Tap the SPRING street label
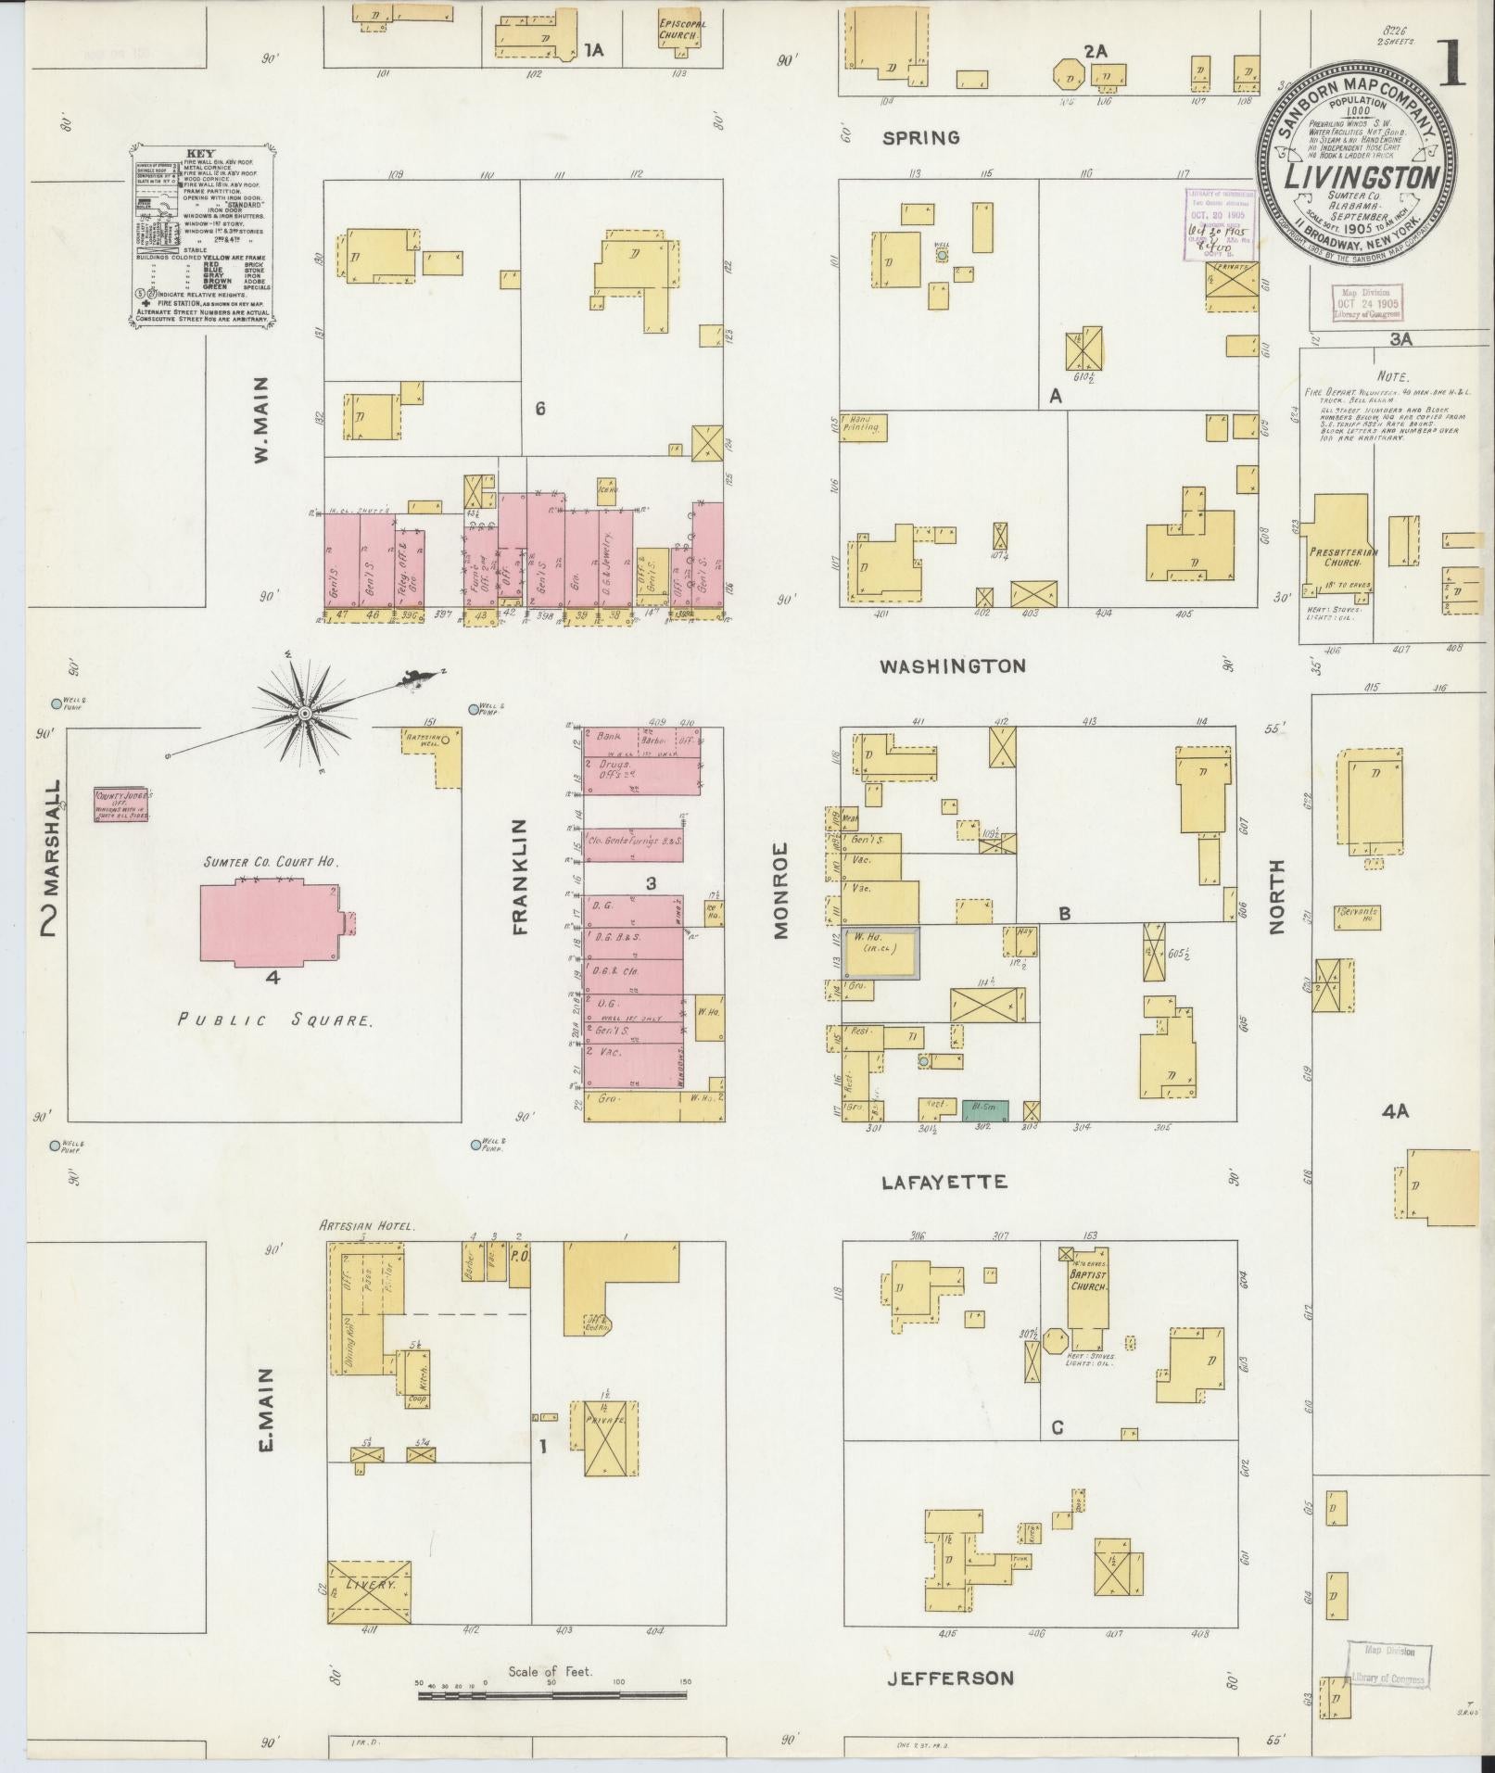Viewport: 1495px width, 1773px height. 920,138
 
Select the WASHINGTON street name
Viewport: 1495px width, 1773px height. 952,665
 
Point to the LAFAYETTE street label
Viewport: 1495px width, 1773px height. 944,1182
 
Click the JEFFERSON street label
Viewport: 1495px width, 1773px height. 950,1678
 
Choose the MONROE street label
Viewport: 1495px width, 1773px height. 780,890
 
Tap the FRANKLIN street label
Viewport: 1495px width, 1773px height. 518,876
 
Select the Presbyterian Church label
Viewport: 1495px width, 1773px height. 1343,557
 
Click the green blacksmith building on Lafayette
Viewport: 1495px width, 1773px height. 985,1108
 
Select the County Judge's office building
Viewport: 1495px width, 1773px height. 122,804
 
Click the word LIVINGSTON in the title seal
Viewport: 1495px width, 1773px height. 1361,176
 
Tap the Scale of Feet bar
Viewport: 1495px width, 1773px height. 552,1695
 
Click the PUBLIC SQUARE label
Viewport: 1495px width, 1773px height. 275,1021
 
